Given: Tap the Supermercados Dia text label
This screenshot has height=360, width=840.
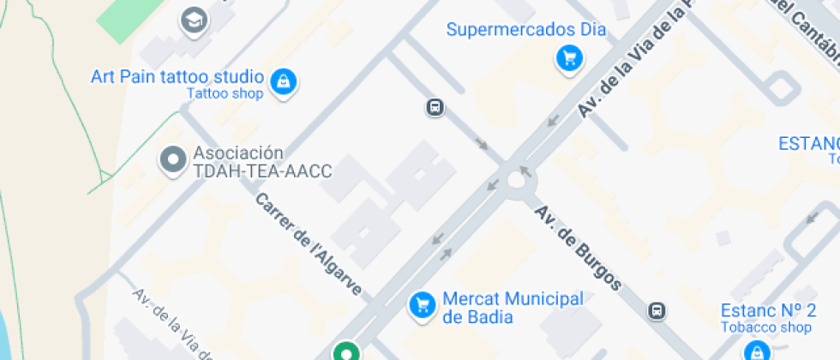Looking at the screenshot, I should pyautogui.click(x=525, y=30).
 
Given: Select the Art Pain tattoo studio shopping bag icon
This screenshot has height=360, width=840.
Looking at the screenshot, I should pyautogui.click(x=281, y=81).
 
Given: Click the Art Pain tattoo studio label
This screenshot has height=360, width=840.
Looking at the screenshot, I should pyautogui.click(x=177, y=76).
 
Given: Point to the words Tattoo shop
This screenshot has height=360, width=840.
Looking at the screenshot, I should pyautogui.click(x=225, y=94).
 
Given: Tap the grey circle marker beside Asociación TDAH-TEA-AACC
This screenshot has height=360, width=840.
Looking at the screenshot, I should pyautogui.click(x=174, y=159).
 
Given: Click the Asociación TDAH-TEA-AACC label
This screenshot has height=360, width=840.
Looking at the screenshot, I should pyautogui.click(x=261, y=162).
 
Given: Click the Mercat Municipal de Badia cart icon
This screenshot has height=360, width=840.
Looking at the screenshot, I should pyautogui.click(x=421, y=304).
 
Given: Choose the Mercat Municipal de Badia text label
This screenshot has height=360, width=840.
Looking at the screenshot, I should pyautogui.click(x=513, y=308).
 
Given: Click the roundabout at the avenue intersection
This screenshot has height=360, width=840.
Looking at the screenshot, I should pyautogui.click(x=517, y=178).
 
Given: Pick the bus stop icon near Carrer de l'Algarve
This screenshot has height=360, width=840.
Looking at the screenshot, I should pyautogui.click(x=435, y=108).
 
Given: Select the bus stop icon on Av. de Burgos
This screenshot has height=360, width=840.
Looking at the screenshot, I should pyautogui.click(x=657, y=310).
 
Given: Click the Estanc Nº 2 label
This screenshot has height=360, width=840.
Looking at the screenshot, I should pyautogui.click(x=767, y=309).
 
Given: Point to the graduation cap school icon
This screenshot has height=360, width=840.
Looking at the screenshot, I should pyautogui.click(x=195, y=19).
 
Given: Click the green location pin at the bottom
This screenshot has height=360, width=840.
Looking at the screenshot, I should pyautogui.click(x=345, y=351).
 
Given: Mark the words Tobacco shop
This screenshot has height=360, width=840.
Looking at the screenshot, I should pyautogui.click(x=765, y=327).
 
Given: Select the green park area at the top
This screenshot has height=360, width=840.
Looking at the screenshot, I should pyautogui.click(x=129, y=15).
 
